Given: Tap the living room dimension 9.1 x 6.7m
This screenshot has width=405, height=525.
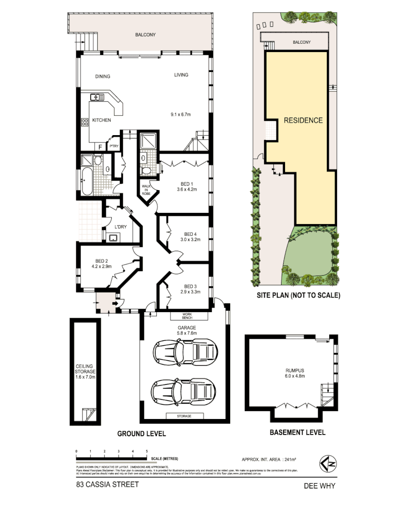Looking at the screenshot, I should [180, 115].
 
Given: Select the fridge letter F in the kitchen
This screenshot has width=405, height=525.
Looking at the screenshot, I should [101, 146].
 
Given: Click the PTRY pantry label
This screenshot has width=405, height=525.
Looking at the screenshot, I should [114, 146].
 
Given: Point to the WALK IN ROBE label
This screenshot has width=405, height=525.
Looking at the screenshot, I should [147, 190].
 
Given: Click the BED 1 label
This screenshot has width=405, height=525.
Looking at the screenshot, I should [186, 183].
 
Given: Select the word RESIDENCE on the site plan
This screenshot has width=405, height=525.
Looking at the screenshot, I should [303, 120].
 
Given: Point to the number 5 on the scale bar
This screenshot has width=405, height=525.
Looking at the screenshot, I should [147, 452].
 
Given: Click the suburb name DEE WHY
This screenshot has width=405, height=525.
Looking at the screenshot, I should [319, 485].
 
